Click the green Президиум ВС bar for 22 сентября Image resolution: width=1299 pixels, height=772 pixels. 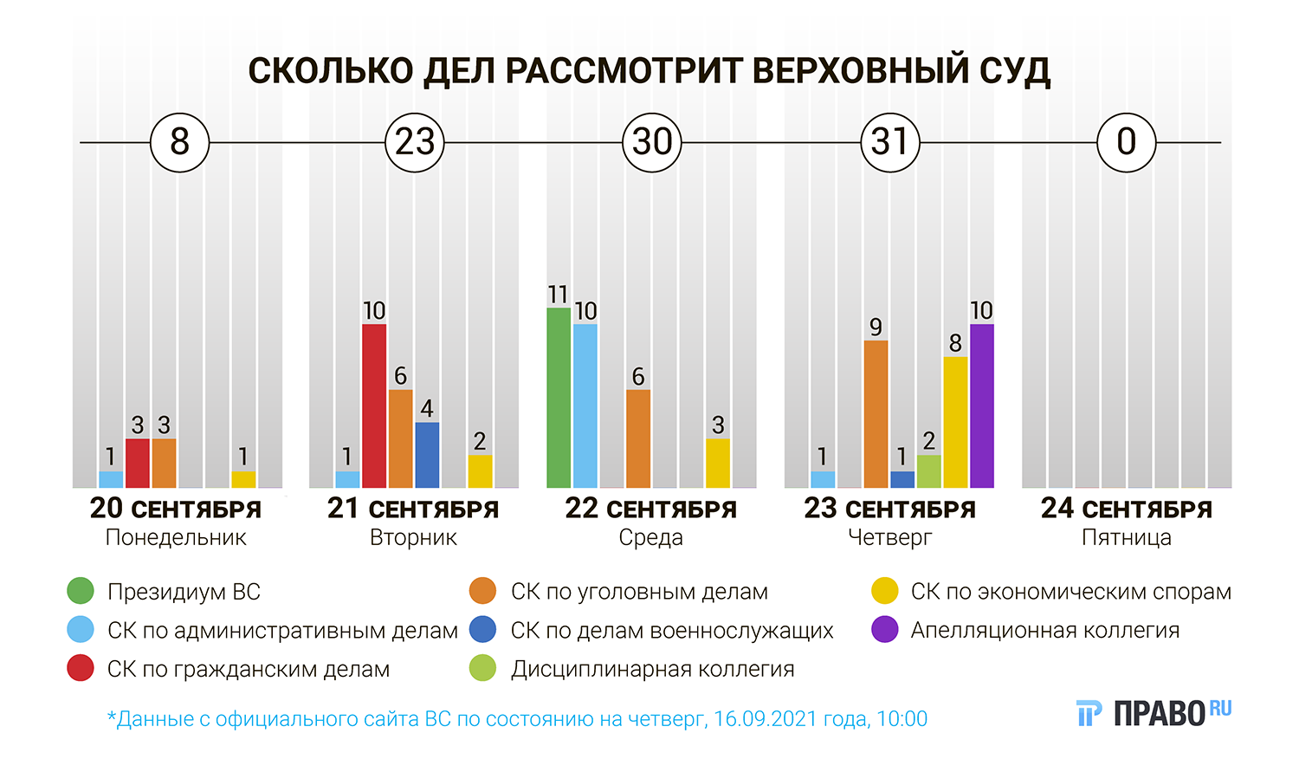(559, 398)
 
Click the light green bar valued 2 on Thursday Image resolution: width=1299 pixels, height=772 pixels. (929, 471)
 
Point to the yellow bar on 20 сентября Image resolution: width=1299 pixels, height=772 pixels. (243, 479)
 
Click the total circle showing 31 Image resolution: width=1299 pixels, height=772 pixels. (889, 142)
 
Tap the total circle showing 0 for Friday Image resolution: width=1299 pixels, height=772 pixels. (1126, 142)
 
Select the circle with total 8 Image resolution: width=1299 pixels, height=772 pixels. (179, 142)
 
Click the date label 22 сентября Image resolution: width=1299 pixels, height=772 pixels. (650, 509)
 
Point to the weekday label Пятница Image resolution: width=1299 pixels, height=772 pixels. (1126, 538)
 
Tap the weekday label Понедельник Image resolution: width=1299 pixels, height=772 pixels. (176, 538)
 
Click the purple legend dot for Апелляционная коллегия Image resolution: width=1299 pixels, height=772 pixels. (885, 630)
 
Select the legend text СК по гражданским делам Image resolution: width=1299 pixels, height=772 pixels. (249, 670)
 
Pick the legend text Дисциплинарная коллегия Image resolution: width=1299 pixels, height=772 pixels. (652, 670)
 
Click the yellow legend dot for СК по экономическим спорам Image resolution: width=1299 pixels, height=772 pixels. (885, 592)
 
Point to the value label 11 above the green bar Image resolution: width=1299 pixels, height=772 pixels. (559, 295)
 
